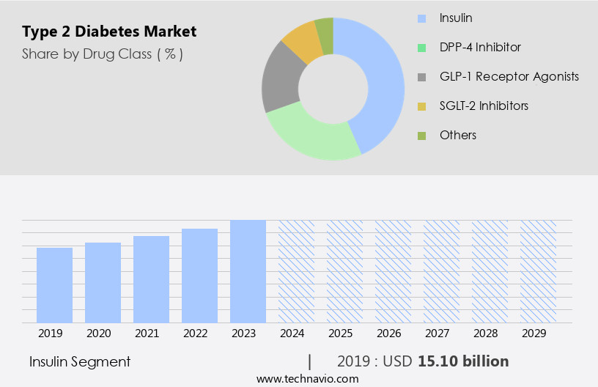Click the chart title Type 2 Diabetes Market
109,32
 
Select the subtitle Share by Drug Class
102,54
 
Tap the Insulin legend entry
456,18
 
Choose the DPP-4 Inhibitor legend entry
480,47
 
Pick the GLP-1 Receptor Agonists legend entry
509,76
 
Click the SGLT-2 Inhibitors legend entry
484,106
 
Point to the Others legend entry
457,135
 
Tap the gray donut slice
281,80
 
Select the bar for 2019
54,285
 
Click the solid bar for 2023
248,271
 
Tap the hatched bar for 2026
393,271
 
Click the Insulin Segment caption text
80,361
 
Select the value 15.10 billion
463,361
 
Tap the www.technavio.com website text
307,378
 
